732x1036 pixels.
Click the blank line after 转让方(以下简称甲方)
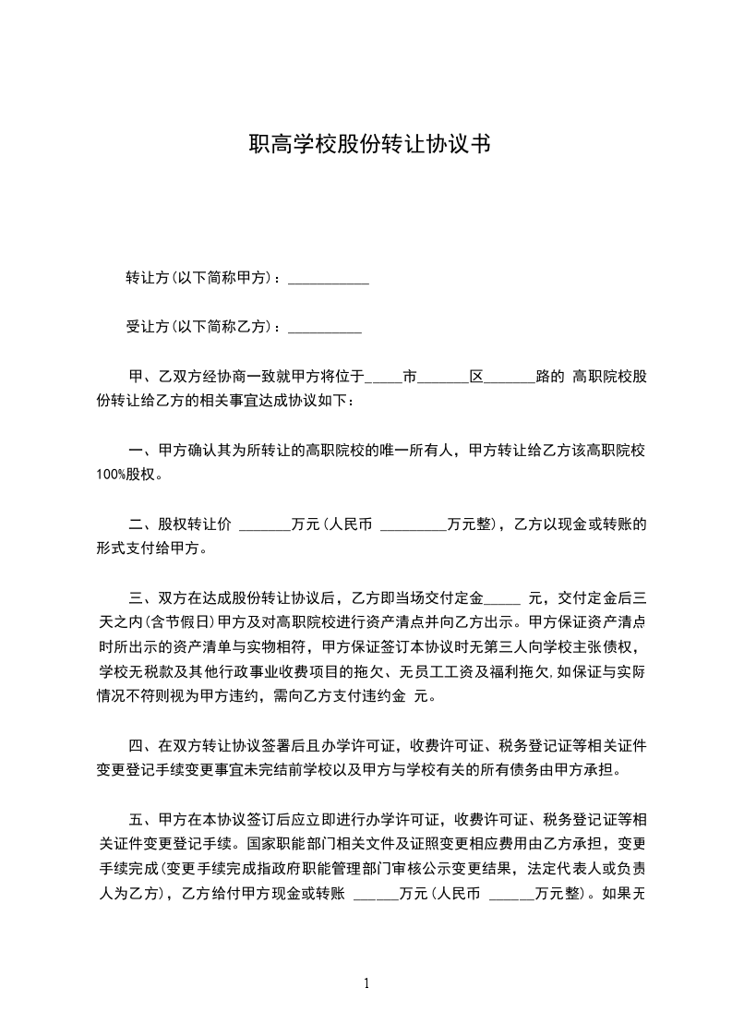[329, 280]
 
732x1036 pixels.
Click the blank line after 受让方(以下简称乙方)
[325, 328]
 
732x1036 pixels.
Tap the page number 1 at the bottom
[366, 983]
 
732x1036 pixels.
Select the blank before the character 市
[383, 379]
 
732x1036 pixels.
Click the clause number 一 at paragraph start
[135, 452]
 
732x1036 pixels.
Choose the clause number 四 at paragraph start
[135, 745]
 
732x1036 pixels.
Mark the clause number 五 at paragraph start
[135, 819]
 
